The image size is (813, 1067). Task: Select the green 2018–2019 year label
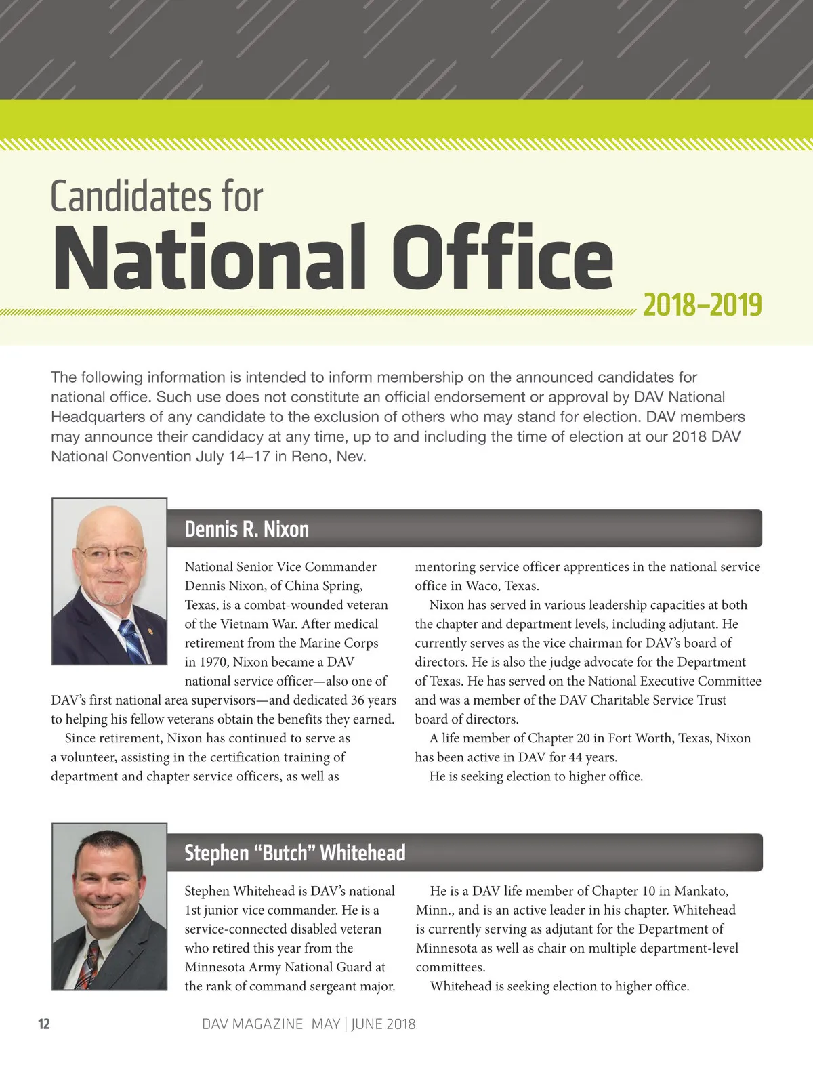click(x=702, y=306)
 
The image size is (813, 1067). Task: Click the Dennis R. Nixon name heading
click(x=247, y=529)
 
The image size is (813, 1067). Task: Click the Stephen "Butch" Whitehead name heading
click(x=295, y=853)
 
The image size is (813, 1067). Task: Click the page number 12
click(x=44, y=1024)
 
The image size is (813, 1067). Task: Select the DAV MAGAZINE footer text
click(x=252, y=1024)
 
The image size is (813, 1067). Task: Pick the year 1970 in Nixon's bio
click(x=213, y=662)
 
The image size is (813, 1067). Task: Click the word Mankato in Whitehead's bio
click(x=701, y=891)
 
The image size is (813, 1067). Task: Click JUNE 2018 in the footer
click(x=383, y=1024)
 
